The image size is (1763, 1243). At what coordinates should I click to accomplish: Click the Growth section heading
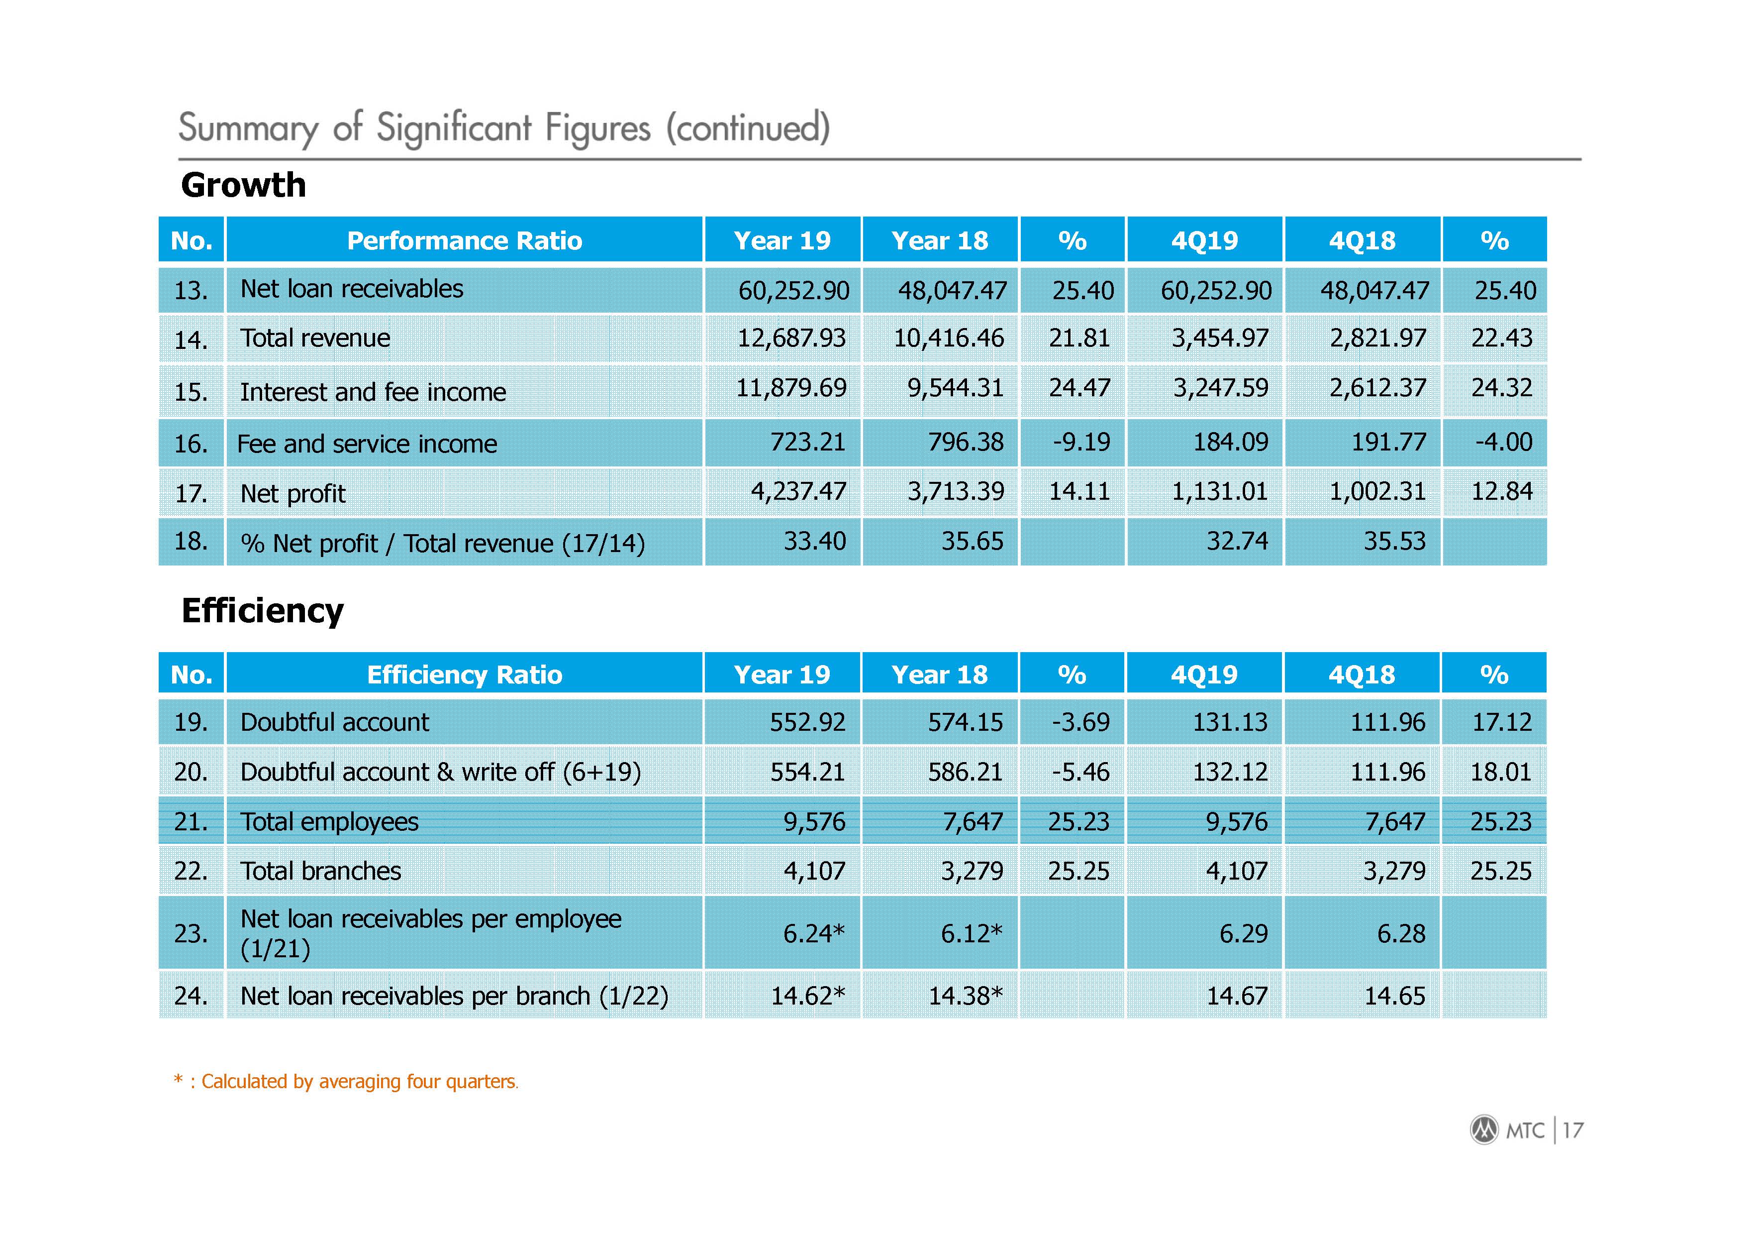[x=243, y=185]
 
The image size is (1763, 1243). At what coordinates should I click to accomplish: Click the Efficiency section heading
[x=263, y=611]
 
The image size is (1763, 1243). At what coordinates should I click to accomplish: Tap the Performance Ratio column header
[x=465, y=240]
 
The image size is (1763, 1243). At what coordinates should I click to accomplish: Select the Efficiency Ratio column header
[x=465, y=675]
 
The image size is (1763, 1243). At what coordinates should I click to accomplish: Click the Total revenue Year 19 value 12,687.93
[x=791, y=338]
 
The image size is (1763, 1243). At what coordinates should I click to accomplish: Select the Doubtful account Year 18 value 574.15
[x=965, y=722]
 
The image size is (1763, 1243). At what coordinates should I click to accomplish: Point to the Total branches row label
[x=321, y=871]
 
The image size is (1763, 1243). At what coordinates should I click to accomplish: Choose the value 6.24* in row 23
[x=814, y=933]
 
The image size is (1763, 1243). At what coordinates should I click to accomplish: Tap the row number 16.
[x=191, y=444]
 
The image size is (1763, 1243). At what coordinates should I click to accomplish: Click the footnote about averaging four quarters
[x=346, y=1082]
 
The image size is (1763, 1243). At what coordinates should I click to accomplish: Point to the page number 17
[x=1572, y=1130]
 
